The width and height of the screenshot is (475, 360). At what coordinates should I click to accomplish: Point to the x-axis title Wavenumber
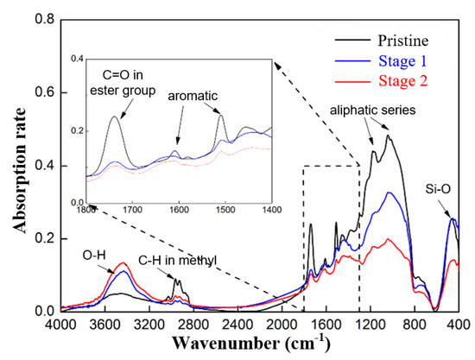point(258,344)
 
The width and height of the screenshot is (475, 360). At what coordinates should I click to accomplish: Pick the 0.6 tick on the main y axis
point(41,92)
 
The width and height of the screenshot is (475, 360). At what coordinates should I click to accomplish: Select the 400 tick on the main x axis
point(459,325)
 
